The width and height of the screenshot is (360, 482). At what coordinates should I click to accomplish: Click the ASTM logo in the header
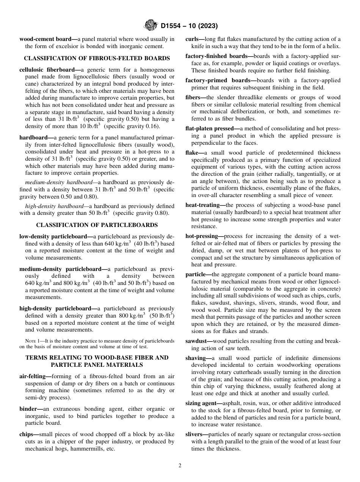pos(151,26)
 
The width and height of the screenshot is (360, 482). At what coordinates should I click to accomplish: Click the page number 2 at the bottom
pos(180,466)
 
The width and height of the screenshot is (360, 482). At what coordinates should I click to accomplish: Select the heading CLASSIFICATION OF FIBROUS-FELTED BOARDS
pos(97,58)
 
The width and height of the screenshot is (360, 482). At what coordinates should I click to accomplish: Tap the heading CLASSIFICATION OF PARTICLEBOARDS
pos(97,225)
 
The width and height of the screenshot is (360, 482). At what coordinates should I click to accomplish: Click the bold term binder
pos(30,409)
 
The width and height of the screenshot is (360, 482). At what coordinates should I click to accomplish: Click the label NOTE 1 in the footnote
pos(32,341)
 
